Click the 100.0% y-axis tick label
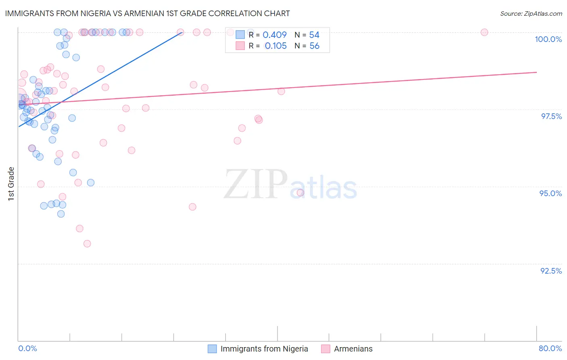point(548,39)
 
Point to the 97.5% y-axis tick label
point(551,116)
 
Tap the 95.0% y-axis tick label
point(550,193)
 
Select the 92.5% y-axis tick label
point(551,271)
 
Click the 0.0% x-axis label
point(27,348)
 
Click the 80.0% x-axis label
point(550,348)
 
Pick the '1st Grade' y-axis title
point(11,184)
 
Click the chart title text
point(147,13)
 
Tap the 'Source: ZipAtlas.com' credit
point(531,14)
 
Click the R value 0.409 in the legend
point(275,35)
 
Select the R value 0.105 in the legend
point(276,46)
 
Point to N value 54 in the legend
point(314,35)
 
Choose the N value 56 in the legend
point(314,46)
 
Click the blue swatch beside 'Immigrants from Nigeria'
point(212,349)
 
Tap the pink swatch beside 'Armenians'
point(325,349)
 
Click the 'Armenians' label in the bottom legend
point(353,349)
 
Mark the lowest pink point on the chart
point(87,244)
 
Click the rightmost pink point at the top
point(484,32)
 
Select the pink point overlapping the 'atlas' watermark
point(300,193)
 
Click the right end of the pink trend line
point(536,72)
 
